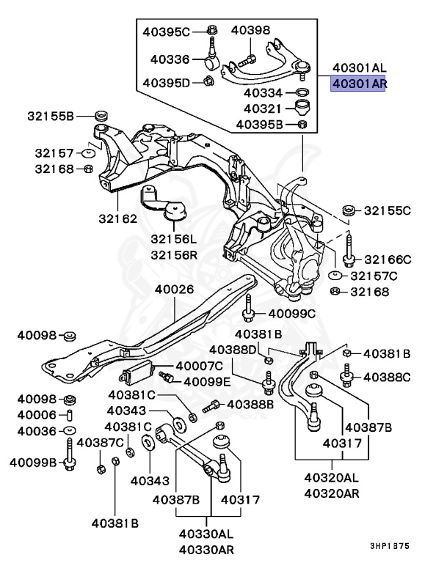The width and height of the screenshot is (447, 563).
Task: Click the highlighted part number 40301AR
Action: [359, 84]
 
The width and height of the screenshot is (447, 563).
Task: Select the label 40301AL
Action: [359, 67]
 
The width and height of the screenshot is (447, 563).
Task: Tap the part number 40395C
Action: [165, 32]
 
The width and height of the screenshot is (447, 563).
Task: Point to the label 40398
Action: [251, 30]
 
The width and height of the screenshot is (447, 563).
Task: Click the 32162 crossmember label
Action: [118, 218]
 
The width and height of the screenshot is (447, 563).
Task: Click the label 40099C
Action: [291, 314]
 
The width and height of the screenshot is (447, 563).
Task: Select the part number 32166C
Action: [388, 259]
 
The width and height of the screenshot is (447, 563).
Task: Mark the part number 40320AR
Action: [332, 493]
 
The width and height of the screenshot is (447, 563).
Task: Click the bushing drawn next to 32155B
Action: [102, 116]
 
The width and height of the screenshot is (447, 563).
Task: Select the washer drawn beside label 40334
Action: [300, 93]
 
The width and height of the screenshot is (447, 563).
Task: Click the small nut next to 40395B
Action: [302, 125]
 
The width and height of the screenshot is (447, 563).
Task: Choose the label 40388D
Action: [234, 349]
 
